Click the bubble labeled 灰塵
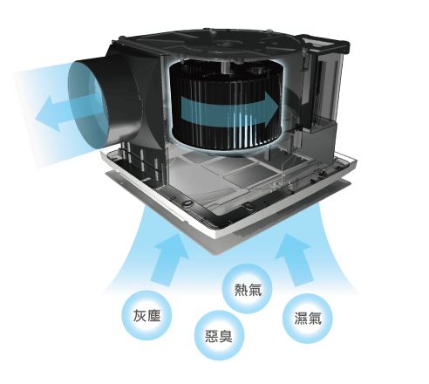[x=146, y=316]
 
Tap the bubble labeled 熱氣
[x=248, y=289]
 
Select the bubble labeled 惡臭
[x=219, y=336]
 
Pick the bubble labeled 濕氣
[x=308, y=319]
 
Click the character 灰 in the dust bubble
[x=140, y=316]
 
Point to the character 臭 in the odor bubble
[x=226, y=336]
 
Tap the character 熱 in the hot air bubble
[x=241, y=289]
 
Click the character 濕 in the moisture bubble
[x=301, y=319]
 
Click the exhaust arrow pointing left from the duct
[x=67, y=112]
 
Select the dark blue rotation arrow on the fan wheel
[x=229, y=110]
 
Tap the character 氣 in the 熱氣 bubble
[x=255, y=289]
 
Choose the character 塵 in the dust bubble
[x=153, y=316]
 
